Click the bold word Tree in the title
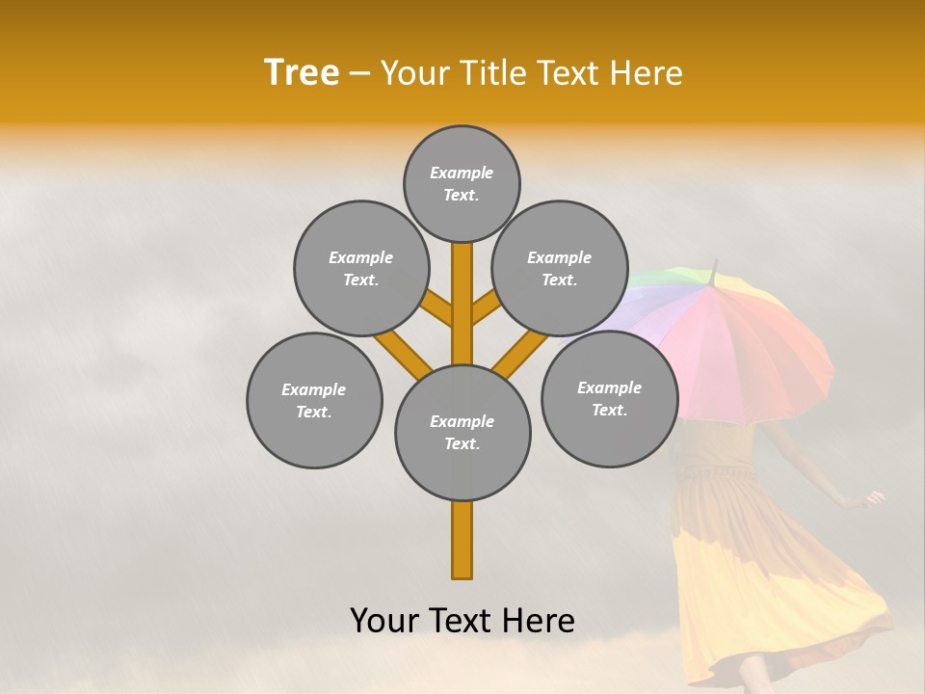point(302,72)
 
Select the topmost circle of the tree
point(462,183)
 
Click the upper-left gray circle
point(360,268)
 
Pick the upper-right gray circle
point(560,268)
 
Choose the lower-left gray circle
point(314,400)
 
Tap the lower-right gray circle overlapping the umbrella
point(609,398)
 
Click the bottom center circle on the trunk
point(462,433)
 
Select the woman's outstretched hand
point(873,498)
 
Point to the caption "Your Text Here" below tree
point(462,621)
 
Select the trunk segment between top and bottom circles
point(462,304)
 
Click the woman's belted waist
point(718,473)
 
